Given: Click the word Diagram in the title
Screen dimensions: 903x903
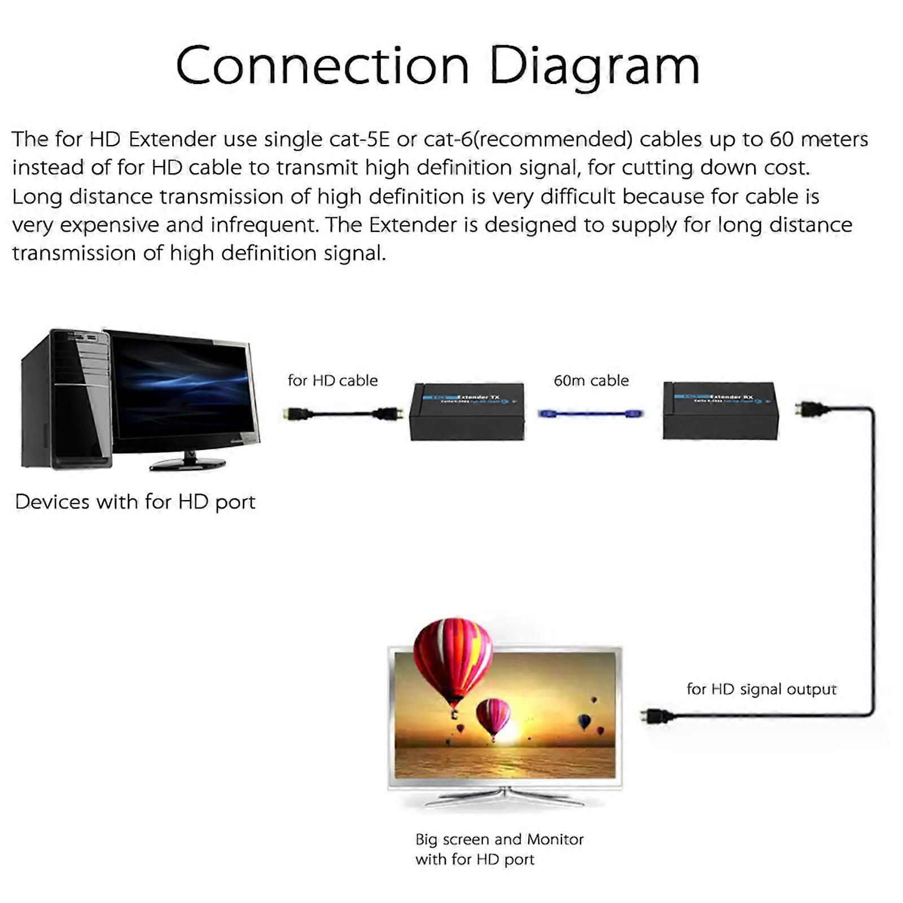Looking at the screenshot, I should (x=594, y=67).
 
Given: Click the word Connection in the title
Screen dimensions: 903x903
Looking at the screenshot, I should (x=323, y=66).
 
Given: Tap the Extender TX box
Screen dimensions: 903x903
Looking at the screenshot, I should (x=467, y=411).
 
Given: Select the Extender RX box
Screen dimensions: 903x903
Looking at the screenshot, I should (x=721, y=410).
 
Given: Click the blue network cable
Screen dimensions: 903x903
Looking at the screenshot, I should (x=591, y=414).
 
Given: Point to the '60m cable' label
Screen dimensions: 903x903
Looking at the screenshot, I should (x=591, y=380).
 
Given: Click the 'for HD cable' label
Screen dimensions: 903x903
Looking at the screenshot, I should (x=332, y=380).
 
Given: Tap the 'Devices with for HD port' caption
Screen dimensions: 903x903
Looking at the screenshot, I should (x=135, y=502).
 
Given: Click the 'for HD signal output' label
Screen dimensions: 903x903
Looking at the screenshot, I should (x=761, y=689).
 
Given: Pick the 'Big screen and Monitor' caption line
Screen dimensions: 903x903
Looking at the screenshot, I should (x=499, y=839).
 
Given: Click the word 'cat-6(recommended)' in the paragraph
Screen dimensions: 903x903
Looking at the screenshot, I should (x=528, y=139).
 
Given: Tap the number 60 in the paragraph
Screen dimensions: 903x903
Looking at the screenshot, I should (x=781, y=139).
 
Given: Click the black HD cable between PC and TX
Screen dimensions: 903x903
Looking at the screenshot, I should (x=342, y=414).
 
